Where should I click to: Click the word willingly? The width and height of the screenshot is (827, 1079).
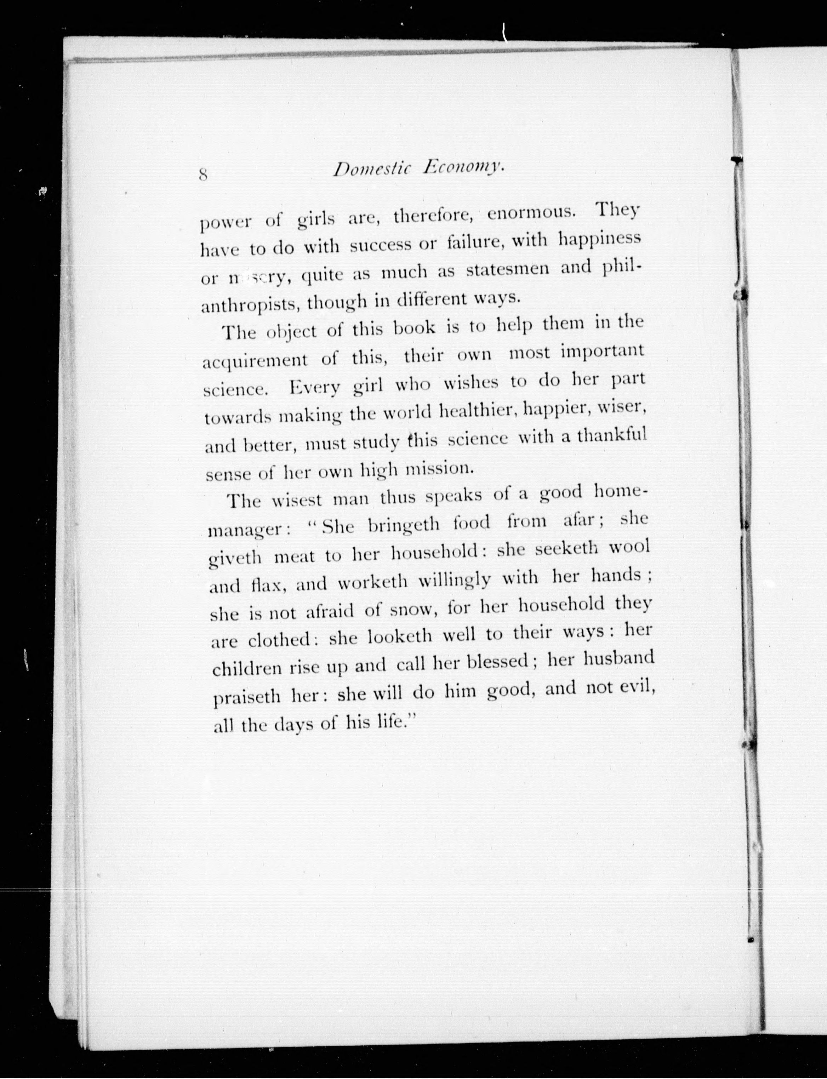click(454, 580)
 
